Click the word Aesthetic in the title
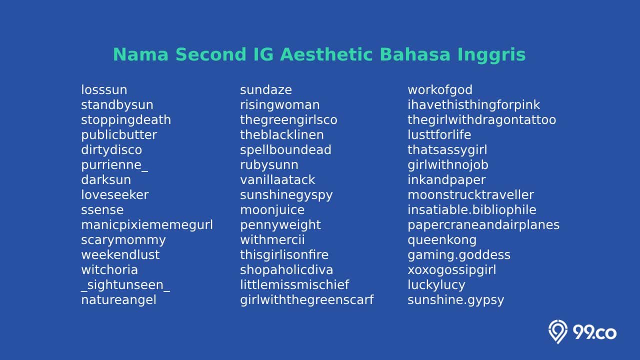coord(326,54)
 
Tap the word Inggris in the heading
coord(491,55)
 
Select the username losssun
coord(104,89)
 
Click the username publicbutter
coord(119,135)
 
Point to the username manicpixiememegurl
coord(147,225)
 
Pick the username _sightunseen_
coord(125,285)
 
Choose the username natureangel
coord(118,300)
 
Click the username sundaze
coord(265,89)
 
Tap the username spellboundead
coord(285,149)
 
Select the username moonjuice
coord(272,210)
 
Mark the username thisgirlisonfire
coord(284,255)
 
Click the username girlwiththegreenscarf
coord(306,300)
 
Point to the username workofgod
coord(439,89)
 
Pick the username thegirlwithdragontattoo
coord(481,119)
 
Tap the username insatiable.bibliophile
coord(471,210)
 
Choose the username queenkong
coord(442,240)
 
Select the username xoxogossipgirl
coord(451,270)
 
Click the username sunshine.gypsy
coord(455,300)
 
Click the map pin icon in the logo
coord(557,331)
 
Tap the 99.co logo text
coord(594,333)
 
